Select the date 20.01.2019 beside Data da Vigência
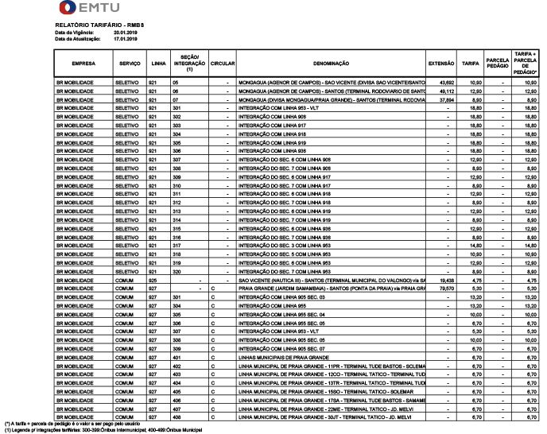click(126, 32)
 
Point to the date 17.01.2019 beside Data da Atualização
click(126, 37)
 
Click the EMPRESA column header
click(84, 62)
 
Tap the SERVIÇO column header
click(129, 62)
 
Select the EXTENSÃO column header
click(440, 62)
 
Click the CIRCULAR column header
click(222, 62)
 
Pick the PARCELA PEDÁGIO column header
click(498, 62)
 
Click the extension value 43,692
click(446, 82)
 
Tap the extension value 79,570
click(446, 289)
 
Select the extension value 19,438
click(446, 281)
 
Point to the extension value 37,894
click(446, 99)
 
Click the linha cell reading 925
click(153, 281)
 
